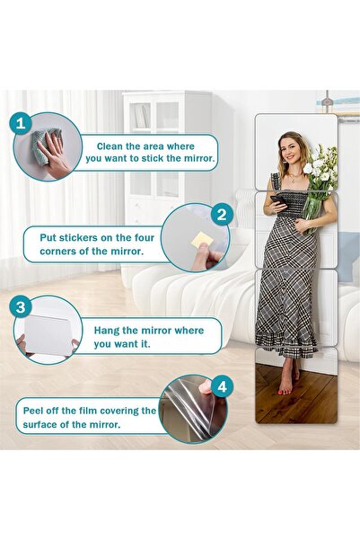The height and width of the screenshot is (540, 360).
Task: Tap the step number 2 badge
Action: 221,216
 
